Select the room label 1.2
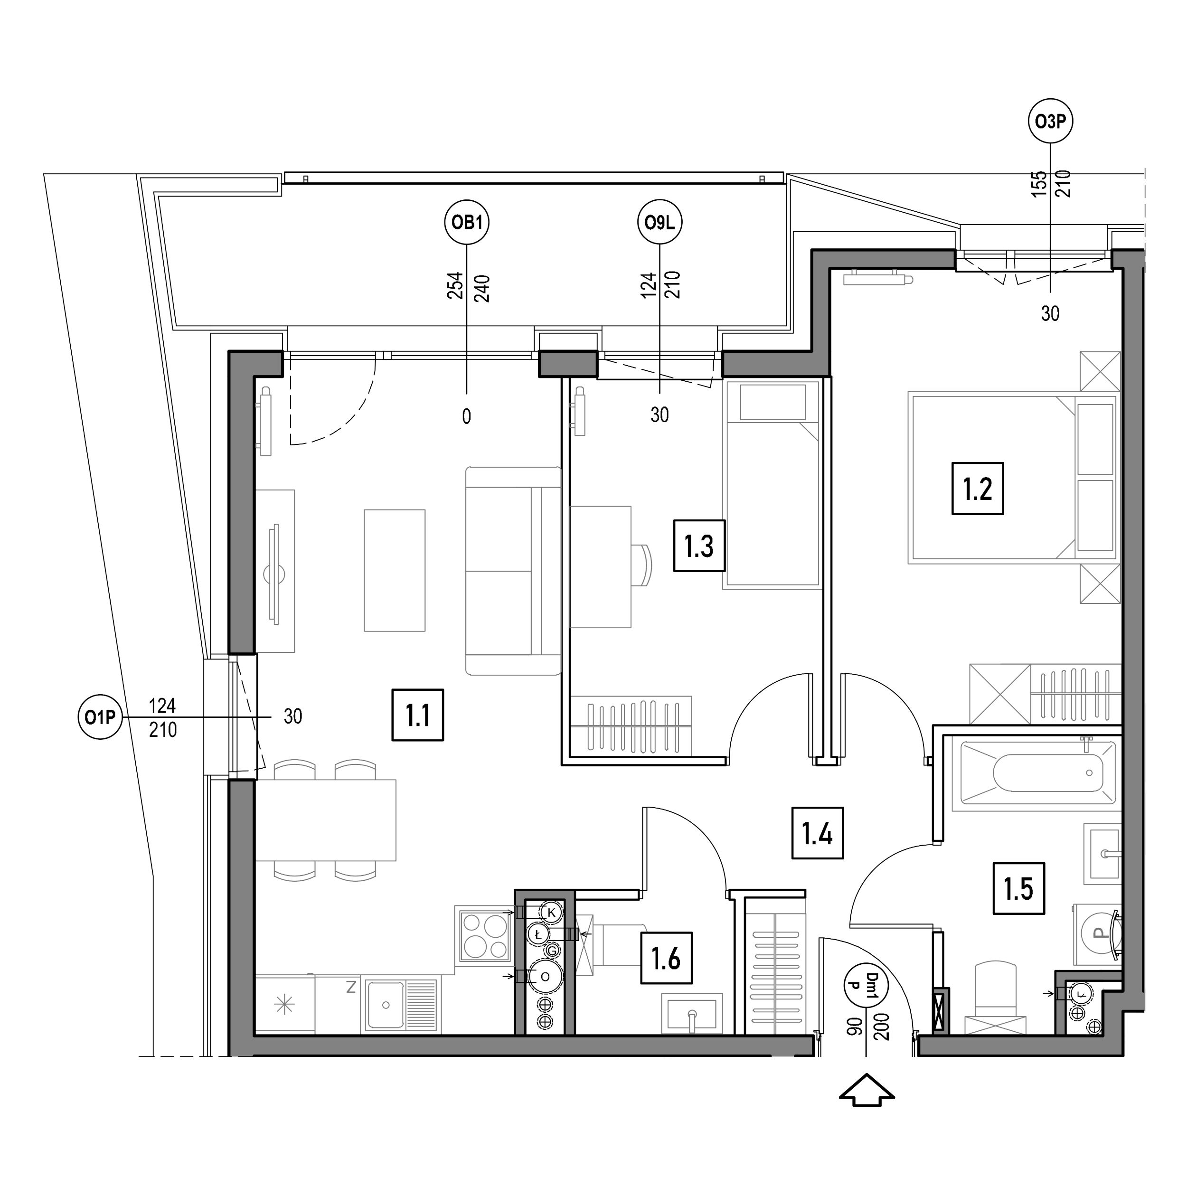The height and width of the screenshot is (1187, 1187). [978, 489]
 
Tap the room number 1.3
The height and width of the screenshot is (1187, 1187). [699, 546]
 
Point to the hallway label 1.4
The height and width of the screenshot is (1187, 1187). [817, 833]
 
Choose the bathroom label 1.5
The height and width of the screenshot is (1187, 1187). [1018, 888]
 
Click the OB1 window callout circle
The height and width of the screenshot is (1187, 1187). [467, 222]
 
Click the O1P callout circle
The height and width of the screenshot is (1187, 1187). [100, 716]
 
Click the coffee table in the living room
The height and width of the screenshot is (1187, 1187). [395, 570]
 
